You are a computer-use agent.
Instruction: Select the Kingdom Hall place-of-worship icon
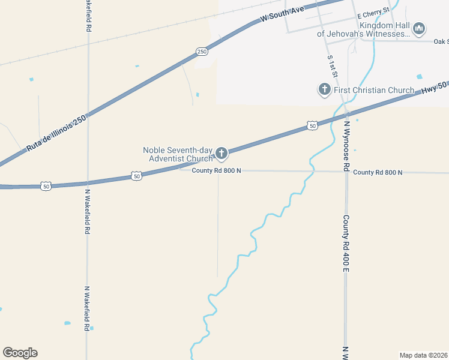[419, 28]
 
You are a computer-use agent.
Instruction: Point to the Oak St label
[441, 41]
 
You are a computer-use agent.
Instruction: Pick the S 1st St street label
[331, 67]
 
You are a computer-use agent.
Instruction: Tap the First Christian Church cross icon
[324, 90]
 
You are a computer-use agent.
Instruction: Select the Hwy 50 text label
[434, 87]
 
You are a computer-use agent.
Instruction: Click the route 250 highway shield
[202, 52]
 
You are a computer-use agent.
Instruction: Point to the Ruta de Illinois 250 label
[57, 133]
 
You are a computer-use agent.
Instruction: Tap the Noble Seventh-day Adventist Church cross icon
[221, 154]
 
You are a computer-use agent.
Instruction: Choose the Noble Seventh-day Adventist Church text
[178, 154]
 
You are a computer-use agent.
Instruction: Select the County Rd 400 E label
[346, 245]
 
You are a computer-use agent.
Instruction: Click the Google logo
[20, 353]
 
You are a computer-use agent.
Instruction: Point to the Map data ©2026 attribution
[423, 355]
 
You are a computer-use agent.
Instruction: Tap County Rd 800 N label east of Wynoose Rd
[378, 172]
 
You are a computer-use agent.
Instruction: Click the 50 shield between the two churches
[312, 125]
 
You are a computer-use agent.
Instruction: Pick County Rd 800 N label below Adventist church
[216, 171]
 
